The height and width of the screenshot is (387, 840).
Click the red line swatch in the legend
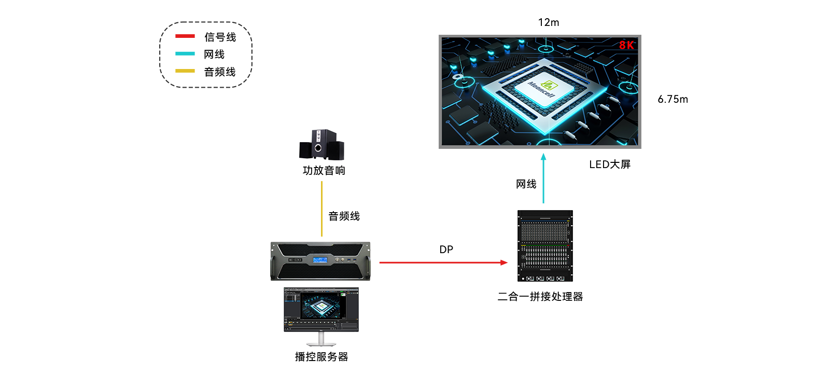(185, 36)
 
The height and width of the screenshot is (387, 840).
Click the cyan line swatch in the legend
(185, 53)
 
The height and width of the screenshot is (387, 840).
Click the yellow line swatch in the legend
(185, 71)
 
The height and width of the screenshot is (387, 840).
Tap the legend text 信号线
(220, 37)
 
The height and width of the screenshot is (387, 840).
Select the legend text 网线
(214, 54)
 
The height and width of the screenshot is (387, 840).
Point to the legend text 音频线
(219, 72)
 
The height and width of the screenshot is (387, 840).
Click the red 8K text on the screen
(626, 45)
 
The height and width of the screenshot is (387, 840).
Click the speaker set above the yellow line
(321, 144)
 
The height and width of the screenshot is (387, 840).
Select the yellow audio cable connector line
(322, 209)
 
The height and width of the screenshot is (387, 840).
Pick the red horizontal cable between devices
(443, 262)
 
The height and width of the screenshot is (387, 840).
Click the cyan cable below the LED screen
(543, 178)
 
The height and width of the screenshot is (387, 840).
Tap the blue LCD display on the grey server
(320, 259)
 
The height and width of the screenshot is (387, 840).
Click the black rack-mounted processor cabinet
(545, 245)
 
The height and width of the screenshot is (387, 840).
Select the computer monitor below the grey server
(321, 309)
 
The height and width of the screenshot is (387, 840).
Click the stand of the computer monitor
(321, 340)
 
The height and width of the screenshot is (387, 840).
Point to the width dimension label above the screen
(549, 22)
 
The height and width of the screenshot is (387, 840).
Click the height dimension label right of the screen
(673, 99)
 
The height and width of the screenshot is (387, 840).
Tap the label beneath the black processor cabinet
(540, 297)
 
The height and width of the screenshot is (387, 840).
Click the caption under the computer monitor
(321, 357)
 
